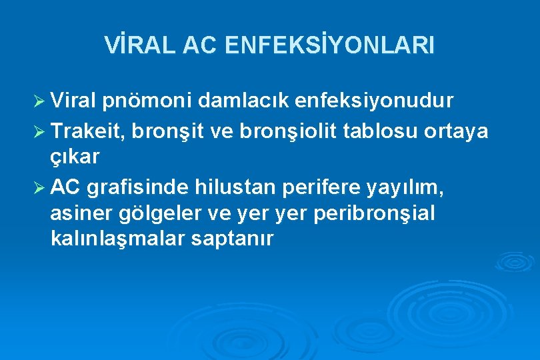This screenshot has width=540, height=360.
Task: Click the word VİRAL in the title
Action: tap(137, 46)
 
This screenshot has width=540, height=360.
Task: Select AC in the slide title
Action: tap(199, 46)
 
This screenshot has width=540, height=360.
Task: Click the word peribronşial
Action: tap(378, 214)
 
